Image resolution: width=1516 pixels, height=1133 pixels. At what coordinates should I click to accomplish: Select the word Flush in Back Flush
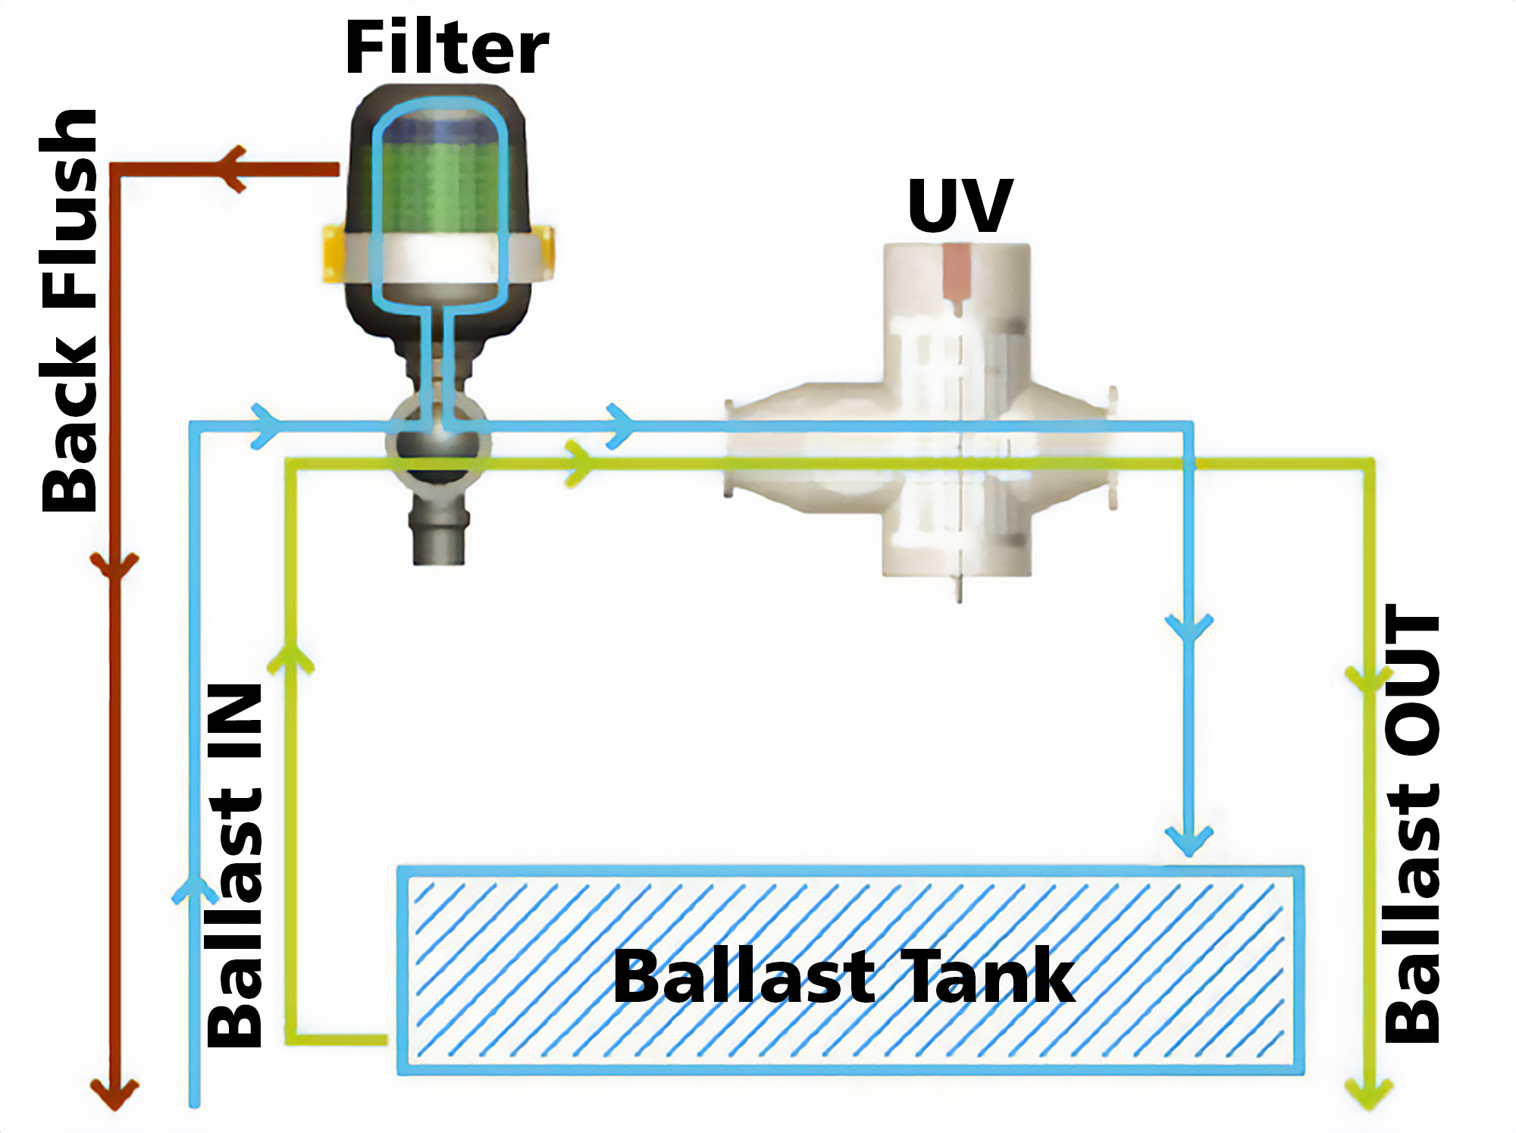point(70,208)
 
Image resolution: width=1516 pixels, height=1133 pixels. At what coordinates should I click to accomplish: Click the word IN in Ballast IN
point(235,720)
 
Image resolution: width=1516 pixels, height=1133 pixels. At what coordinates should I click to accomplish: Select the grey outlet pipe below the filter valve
point(438,534)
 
